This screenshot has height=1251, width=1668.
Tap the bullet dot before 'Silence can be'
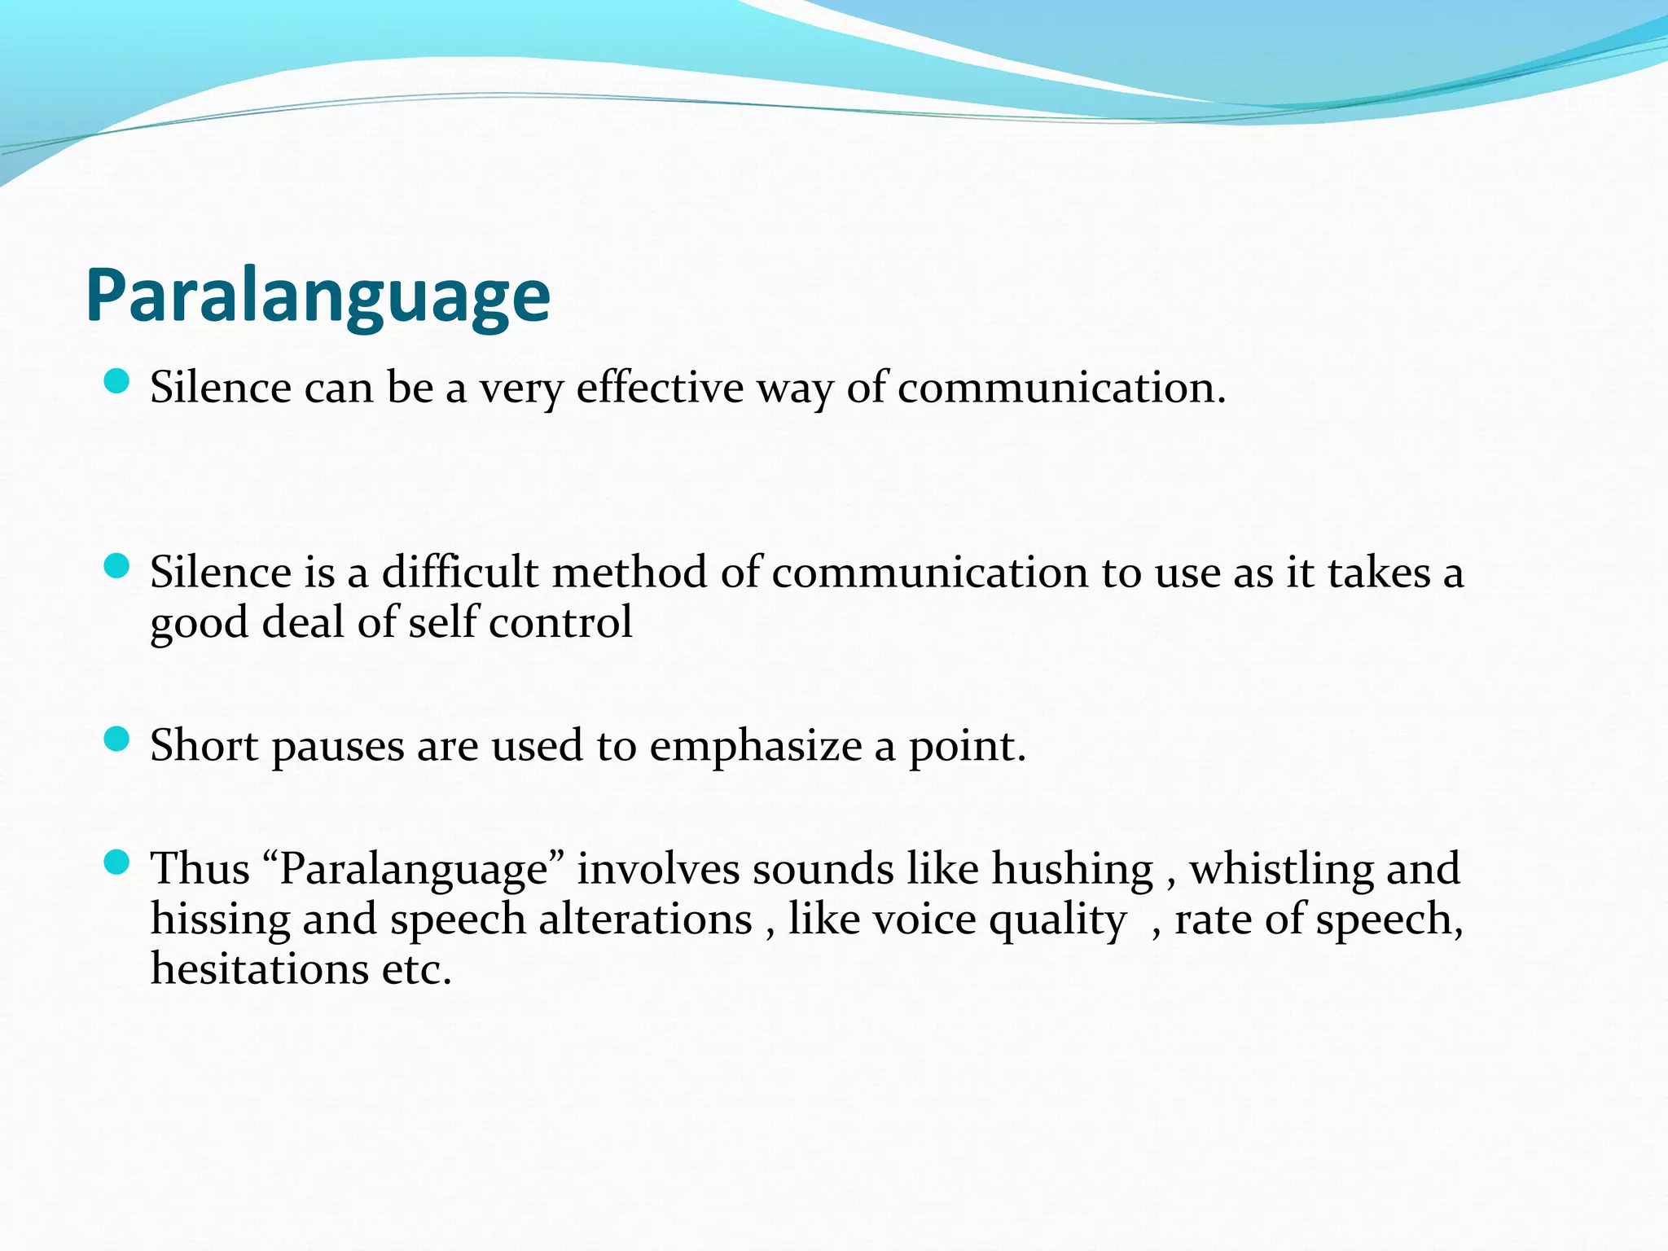coord(117,381)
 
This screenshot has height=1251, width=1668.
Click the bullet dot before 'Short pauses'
coord(117,740)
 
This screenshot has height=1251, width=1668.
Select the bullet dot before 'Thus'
coord(117,862)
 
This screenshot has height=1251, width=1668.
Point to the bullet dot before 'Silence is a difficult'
coord(117,566)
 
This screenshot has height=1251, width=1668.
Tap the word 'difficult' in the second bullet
coord(460,572)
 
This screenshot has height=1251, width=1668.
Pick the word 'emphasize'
coord(755,745)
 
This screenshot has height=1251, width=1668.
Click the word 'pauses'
coord(337,747)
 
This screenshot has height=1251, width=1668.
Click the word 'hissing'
coord(220,920)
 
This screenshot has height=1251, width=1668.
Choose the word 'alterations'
coord(645,920)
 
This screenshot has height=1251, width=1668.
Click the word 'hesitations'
coord(259,969)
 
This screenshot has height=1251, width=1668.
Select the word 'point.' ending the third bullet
coord(967,747)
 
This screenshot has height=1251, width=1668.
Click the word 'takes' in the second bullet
coord(1378,572)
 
